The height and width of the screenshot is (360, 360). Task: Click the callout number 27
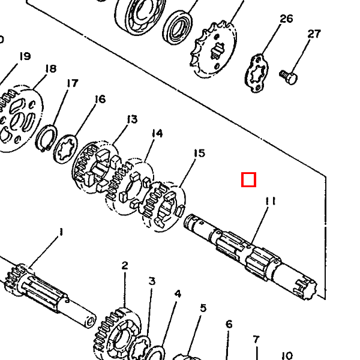click(x=314, y=34)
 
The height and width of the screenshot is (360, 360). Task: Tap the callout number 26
click(x=286, y=19)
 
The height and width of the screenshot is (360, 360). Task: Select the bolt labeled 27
click(x=289, y=77)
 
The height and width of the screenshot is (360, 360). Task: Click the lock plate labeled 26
click(x=256, y=73)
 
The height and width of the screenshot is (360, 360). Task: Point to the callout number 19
click(x=25, y=56)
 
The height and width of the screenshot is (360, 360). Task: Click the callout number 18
click(x=51, y=68)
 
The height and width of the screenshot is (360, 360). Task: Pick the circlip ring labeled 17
click(x=47, y=138)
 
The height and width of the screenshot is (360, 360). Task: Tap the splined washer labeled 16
click(x=65, y=149)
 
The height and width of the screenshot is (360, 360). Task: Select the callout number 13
click(x=132, y=119)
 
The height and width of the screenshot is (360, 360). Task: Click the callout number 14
click(x=157, y=133)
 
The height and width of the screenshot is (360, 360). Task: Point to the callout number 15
click(x=199, y=153)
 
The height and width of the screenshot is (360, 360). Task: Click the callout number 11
click(x=270, y=201)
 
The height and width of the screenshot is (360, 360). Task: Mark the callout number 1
click(x=61, y=232)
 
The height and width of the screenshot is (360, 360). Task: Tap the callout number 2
click(x=125, y=266)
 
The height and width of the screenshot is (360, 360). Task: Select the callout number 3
click(x=152, y=281)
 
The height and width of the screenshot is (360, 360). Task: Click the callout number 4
click(x=178, y=294)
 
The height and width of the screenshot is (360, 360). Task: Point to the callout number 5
click(x=203, y=308)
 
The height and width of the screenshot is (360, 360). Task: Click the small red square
click(x=248, y=179)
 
